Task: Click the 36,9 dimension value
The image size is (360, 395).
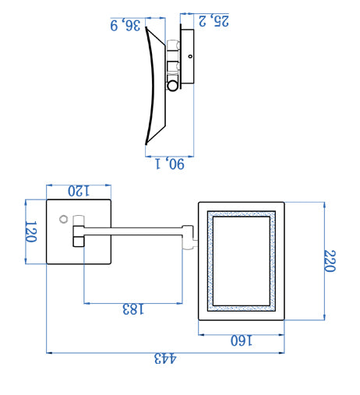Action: click(125, 25)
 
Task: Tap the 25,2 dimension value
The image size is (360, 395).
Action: click(214, 21)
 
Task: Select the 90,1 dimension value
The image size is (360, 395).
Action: click(170, 164)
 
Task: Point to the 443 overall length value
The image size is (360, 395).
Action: click(165, 358)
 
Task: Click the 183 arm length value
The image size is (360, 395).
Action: click(133, 309)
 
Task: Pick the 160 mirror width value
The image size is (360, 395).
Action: click(242, 340)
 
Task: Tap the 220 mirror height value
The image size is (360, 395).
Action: click(330, 261)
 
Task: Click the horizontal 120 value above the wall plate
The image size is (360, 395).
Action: click(79, 191)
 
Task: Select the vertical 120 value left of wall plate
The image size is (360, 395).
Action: click(31, 231)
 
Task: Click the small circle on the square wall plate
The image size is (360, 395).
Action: click(63, 219)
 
